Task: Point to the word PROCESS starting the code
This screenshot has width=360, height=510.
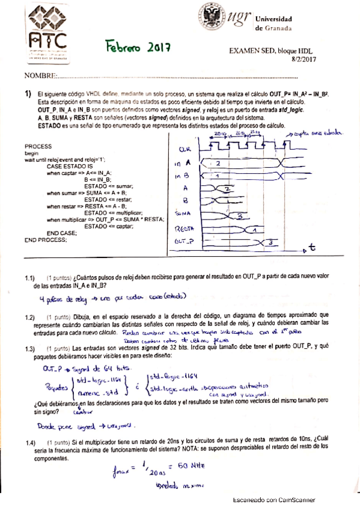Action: coord(38,146)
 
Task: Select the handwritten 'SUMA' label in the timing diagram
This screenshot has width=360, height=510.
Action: coord(184,214)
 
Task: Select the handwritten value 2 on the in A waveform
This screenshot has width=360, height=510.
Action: coord(218,163)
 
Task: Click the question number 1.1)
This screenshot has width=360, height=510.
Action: coord(31,280)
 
